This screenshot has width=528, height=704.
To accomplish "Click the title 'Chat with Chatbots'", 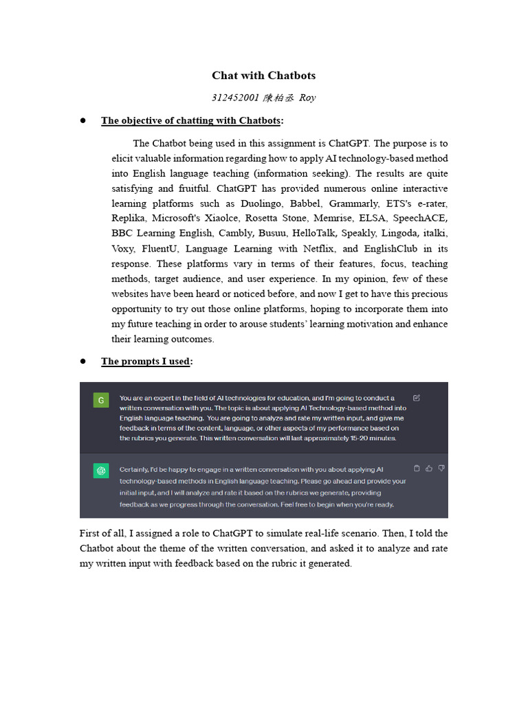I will (263, 76).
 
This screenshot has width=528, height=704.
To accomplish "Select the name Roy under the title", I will (307, 98).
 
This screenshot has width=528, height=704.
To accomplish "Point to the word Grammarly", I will (356, 203).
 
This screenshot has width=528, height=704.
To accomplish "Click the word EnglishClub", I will (392, 249).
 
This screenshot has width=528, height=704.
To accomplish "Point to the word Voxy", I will (122, 249).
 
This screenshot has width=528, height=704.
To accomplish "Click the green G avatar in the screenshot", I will (102, 400).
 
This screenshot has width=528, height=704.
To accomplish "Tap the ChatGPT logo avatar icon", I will (102, 471).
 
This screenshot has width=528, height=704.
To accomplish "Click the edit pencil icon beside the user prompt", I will (417, 397).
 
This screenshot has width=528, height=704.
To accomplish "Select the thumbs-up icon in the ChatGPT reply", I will (429, 468).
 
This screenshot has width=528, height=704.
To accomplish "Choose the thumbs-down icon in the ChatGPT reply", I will (441, 468).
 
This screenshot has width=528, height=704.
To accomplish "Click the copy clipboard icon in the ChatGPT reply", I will (417, 468).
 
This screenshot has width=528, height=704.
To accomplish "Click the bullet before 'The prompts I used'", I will (83, 361).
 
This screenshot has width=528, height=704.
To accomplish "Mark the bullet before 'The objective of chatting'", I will (83, 120).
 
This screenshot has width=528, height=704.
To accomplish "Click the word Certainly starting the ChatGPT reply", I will (135, 469).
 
